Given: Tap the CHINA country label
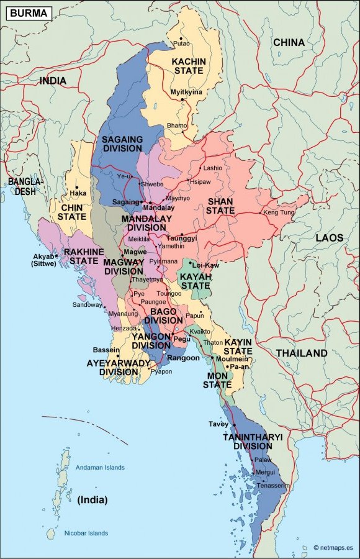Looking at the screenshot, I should [x=289, y=42].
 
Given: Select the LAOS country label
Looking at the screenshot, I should [x=329, y=237].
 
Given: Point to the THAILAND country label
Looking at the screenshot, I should [x=302, y=353].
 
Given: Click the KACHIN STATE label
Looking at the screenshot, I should [x=188, y=66].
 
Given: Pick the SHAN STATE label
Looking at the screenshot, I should [x=221, y=206].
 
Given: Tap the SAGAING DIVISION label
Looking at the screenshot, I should [x=122, y=144].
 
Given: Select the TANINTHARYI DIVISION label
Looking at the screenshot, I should [x=253, y=441].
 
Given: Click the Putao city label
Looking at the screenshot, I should [x=182, y=43].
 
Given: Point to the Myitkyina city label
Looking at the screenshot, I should [x=186, y=92].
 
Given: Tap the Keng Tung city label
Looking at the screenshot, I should [x=278, y=212].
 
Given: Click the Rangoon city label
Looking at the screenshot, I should [x=184, y=358].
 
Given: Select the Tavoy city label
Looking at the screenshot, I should [x=218, y=424].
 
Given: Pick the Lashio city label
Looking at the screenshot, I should [x=212, y=168].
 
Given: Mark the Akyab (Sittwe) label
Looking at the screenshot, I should [x=43, y=260].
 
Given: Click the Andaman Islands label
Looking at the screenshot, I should [x=100, y=467].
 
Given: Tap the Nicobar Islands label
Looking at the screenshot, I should [x=86, y=533].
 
